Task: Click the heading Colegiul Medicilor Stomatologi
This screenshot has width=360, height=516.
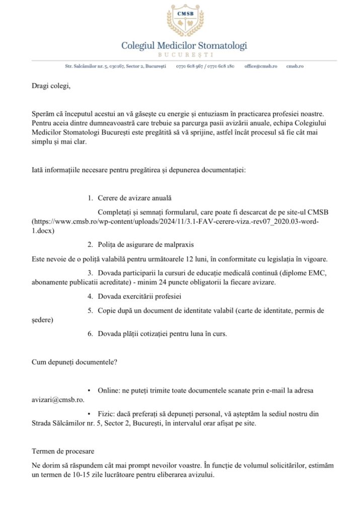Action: click(184, 46)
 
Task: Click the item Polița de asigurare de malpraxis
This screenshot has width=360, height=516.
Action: click(146, 245)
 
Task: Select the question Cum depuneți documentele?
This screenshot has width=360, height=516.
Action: click(74, 361)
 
